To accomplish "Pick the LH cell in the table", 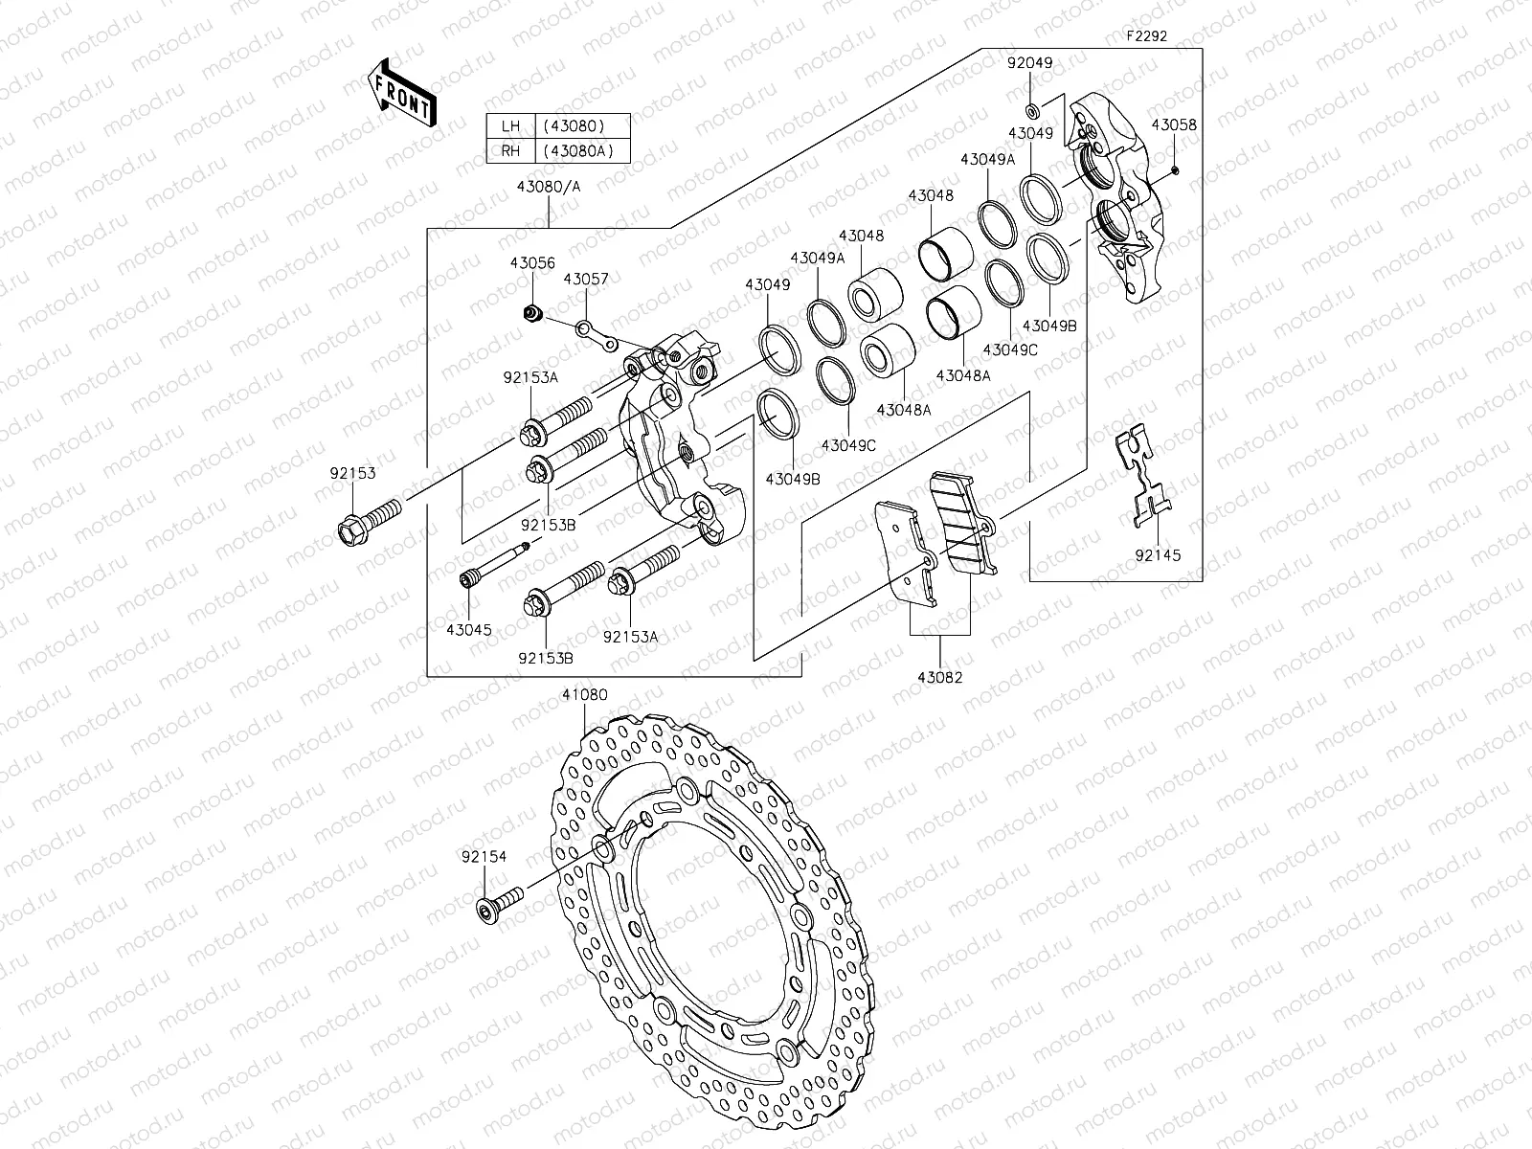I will click(509, 125).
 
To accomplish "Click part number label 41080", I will click(584, 695).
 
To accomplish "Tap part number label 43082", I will click(939, 678).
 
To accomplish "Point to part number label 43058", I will click(1173, 125).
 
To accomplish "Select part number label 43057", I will click(585, 279).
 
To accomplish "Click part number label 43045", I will click(468, 629).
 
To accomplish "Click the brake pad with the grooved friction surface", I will click(964, 524).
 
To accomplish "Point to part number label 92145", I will click(1158, 555).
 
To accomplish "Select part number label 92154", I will click(484, 858).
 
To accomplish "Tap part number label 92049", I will click(1029, 63).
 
